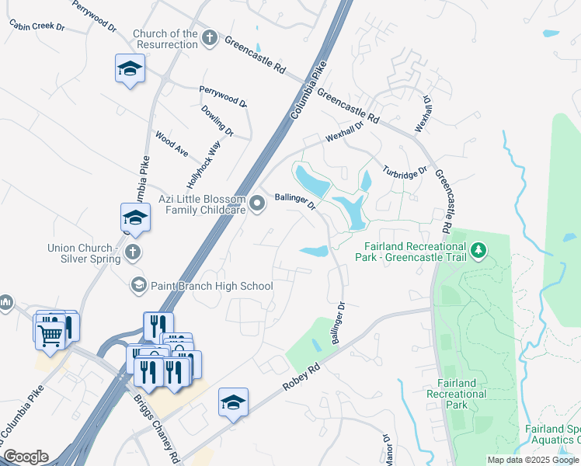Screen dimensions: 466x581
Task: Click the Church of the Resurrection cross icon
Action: click(209, 38)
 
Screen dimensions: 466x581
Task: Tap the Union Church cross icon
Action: click(134, 252)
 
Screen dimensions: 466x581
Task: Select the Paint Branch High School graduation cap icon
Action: click(138, 285)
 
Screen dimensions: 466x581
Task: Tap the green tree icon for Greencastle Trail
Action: click(479, 249)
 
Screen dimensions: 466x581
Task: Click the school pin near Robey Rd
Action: click(233, 402)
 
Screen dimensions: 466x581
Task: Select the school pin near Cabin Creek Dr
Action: click(130, 69)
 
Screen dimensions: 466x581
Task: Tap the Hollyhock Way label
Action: click(204, 164)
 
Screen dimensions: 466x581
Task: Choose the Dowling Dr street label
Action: click(217, 118)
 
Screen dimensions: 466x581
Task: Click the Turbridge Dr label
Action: click(405, 171)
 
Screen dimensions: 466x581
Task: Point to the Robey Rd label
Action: click(297, 378)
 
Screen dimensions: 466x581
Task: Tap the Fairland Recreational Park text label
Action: click(457, 388)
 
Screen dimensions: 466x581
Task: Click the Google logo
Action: click(26, 457)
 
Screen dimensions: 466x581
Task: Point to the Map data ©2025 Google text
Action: click(533, 460)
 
